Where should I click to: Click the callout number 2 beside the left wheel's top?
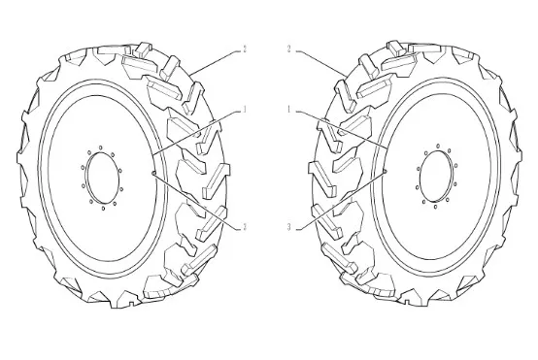[245, 49]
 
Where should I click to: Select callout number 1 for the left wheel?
[245, 110]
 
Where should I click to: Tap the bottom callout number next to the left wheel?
[245, 227]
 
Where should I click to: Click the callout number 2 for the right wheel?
[288, 49]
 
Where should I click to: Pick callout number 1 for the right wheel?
[288, 110]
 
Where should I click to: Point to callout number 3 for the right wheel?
[288, 227]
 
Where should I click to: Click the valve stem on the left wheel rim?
[153, 173]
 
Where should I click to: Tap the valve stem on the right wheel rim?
[386, 171]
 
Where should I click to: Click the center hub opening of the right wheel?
[436, 176]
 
